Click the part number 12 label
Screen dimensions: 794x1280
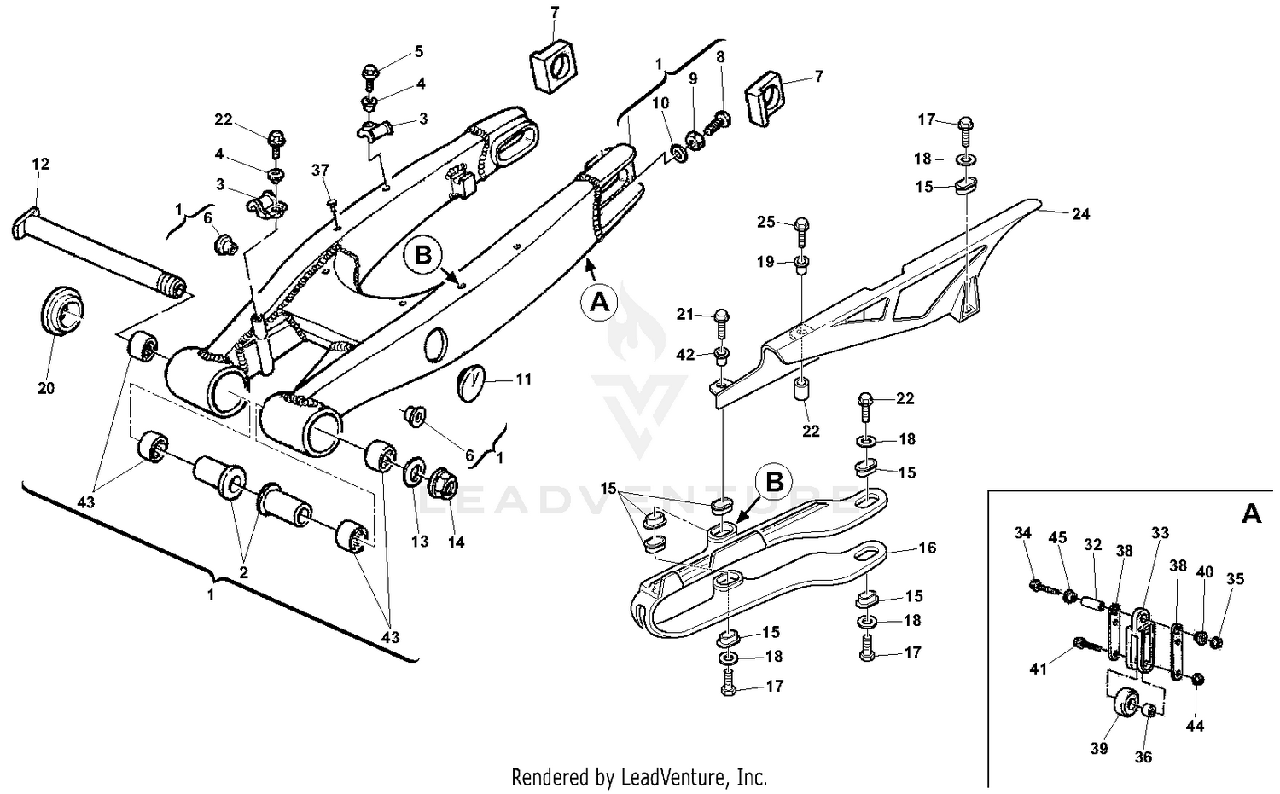pos(41,164)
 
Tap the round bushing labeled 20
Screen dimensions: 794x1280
pos(61,315)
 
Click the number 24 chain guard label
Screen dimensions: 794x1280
pos(1080,214)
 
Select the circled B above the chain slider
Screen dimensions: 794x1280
pos(774,482)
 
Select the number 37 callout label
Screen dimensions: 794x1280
pos(320,171)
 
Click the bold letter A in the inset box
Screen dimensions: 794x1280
pos(1250,514)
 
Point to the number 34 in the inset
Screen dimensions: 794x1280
pos(1023,533)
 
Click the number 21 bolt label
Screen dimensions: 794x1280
pos(686,316)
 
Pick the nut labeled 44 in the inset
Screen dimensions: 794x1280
pos(1196,680)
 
